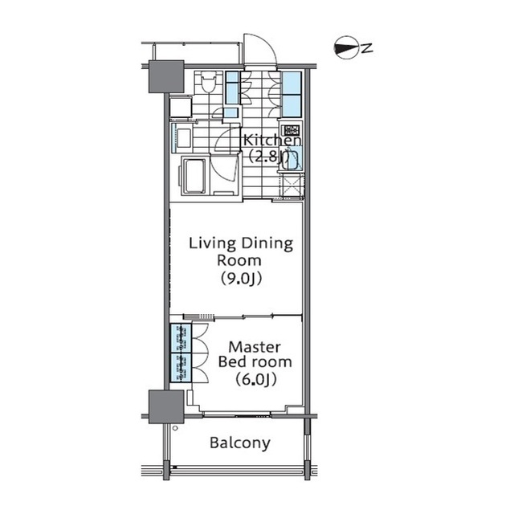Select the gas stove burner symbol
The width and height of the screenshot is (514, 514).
coord(292,130)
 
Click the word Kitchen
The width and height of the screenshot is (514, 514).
coord(272,141)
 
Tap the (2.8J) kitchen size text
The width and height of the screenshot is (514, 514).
coord(269,157)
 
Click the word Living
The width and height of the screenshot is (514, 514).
coord(213,243)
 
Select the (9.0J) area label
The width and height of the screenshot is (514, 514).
coord(241,279)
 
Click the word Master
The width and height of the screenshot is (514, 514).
coord(255,347)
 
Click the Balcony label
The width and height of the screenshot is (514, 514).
coord(240,443)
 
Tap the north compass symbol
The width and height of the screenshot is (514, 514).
coord(346,47)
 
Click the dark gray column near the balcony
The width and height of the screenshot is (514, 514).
coord(166,406)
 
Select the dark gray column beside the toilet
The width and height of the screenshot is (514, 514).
coord(166,76)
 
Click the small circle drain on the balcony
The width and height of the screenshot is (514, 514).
coord(175,428)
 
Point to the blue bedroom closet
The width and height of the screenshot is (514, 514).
coord(181,353)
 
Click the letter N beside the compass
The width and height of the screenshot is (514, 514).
coord(367,48)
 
